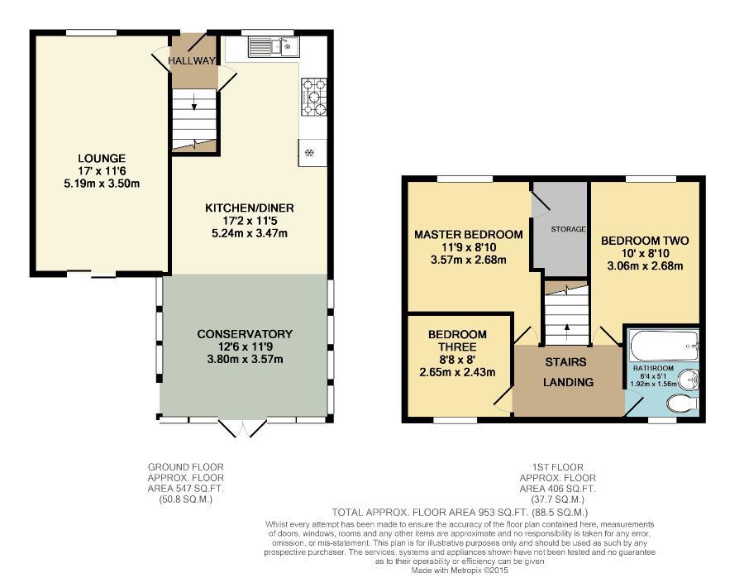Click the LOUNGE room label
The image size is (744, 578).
click(102, 158)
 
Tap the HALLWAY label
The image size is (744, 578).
click(192, 61)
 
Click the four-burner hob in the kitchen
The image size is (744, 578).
click(314, 96)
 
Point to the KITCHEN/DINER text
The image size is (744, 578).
click(249, 208)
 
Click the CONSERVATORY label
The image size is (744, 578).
click(245, 334)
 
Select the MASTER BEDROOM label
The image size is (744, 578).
click(468, 235)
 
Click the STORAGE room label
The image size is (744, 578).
click(569, 229)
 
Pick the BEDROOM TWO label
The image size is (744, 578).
click(644, 241)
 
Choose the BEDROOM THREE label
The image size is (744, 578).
click(457, 341)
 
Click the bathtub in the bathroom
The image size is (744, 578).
click(663, 342)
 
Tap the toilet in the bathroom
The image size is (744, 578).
click(683, 404)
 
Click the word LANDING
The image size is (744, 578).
click(567, 382)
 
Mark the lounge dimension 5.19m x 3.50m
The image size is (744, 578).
click(103, 184)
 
